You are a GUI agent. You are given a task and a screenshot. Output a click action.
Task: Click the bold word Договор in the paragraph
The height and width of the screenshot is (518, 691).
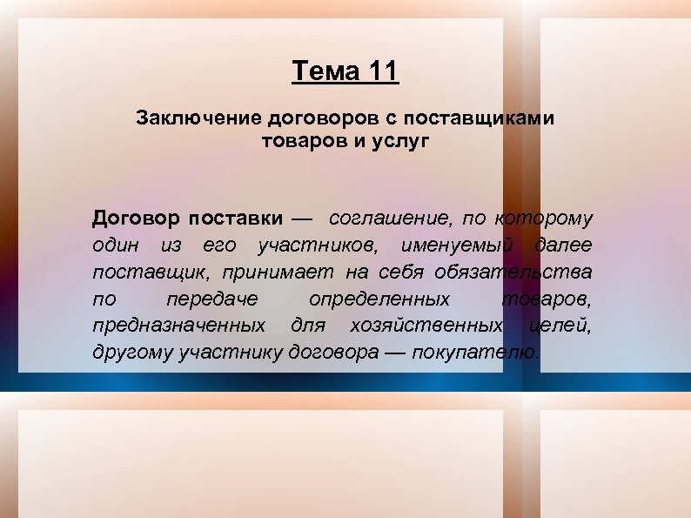tap(136, 217)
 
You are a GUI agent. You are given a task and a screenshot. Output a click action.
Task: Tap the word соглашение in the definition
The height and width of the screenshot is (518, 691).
tap(385, 217)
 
